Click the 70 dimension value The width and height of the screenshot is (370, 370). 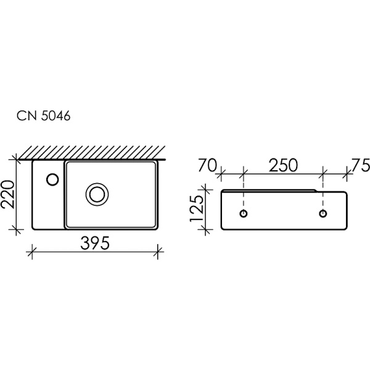207,165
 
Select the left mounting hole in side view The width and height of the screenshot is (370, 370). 245,213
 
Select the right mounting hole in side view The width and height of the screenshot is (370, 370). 323,213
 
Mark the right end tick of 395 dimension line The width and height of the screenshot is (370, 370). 159,250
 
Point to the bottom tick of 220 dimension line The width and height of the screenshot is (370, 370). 16,229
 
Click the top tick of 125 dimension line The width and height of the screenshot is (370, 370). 207,189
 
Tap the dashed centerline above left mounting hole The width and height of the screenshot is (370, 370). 245,194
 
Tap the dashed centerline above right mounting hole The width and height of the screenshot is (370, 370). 323,194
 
